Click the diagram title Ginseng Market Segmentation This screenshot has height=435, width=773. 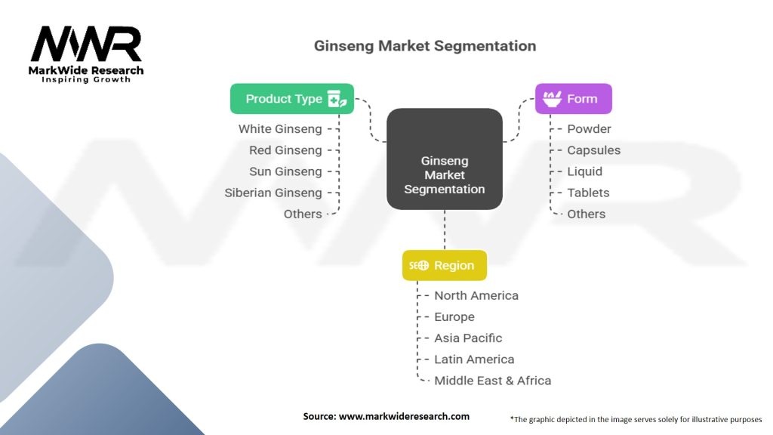(x=425, y=46)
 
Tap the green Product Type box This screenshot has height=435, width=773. (x=292, y=99)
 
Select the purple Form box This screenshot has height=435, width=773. (x=573, y=99)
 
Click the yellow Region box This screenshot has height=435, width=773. (x=444, y=266)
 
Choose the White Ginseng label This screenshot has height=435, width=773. (x=280, y=129)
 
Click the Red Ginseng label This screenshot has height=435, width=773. (x=285, y=150)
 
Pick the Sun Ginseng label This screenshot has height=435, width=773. (x=285, y=171)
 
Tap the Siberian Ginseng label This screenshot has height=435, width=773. (x=273, y=193)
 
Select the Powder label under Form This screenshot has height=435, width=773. (x=589, y=129)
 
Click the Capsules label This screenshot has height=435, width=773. (x=593, y=150)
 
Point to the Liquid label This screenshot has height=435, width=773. (x=584, y=171)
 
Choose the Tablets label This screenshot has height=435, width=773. (x=588, y=193)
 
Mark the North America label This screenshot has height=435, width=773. (x=476, y=295)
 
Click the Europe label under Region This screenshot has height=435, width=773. (x=454, y=316)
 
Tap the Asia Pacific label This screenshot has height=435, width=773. (x=468, y=338)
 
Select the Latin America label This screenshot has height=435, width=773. (x=474, y=359)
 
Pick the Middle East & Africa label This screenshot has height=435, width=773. (x=492, y=381)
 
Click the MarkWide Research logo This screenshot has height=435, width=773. (x=87, y=54)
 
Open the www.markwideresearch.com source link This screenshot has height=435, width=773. (x=405, y=416)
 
